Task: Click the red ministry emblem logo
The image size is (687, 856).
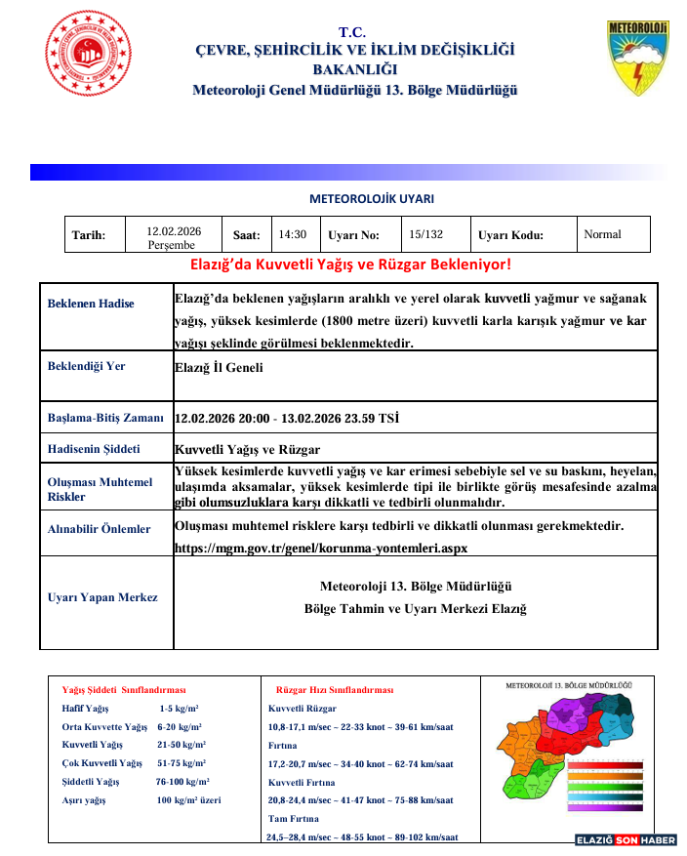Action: tap(88, 56)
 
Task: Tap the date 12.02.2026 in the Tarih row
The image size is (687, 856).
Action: tap(174, 231)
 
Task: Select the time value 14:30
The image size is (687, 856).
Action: tap(292, 234)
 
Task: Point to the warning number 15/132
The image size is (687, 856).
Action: tap(425, 234)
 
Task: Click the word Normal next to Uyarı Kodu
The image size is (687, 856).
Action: tap(602, 234)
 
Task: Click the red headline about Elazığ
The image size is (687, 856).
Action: tap(350, 265)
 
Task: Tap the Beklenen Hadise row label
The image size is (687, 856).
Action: tap(91, 304)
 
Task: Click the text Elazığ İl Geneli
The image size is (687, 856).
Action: tap(219, 367)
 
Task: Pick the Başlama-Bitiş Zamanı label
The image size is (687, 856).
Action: tap(105, 418)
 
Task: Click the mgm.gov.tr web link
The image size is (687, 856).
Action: tap(321, 548)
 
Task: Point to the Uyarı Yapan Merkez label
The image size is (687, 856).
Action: tap(102, 597)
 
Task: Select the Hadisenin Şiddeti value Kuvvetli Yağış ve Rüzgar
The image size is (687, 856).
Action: tap(247, 449)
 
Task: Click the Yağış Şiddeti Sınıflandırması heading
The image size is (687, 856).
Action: tap(124, 689)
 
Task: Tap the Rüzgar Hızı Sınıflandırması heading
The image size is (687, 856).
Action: tap(335, 689)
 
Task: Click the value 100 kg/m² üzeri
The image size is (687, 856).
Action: tap(188, 800)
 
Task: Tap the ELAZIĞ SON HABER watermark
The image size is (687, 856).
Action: tap(626, 839)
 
